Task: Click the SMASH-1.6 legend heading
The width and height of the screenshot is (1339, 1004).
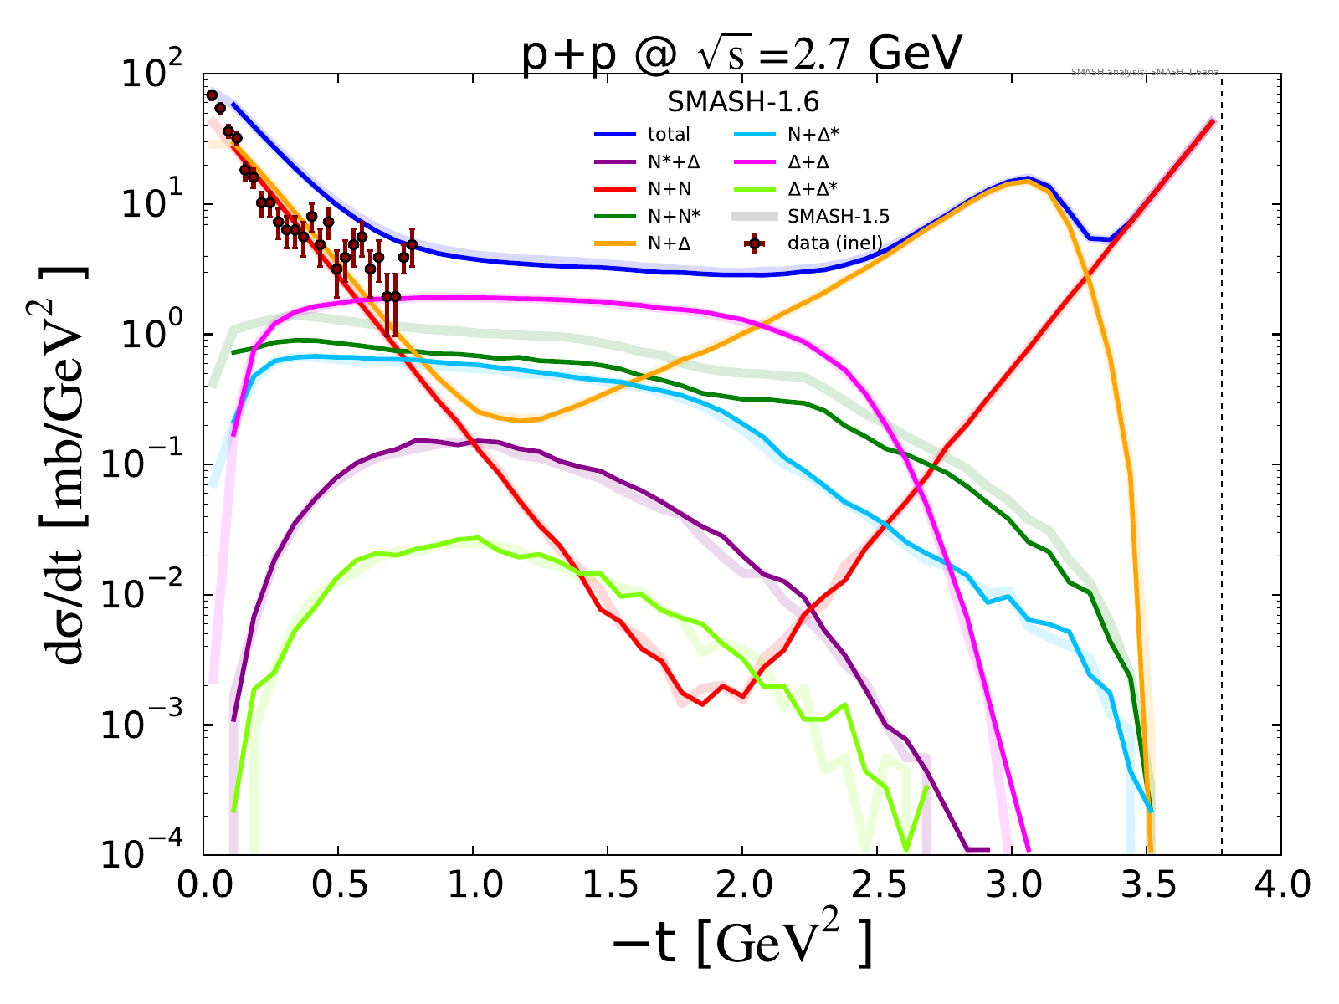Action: click(x=742, y=102)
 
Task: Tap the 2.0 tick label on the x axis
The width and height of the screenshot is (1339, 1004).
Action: click(x=742, y=885)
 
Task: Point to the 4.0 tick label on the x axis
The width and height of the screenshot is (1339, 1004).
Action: click(x=1280, y=885)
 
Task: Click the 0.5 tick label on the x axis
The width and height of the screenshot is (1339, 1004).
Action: click(x=338, y=885)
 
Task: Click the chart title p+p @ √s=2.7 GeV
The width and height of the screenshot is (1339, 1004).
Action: click(x=742, y=57)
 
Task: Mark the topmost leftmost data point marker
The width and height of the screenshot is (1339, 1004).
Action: click(x=212, y=95)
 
